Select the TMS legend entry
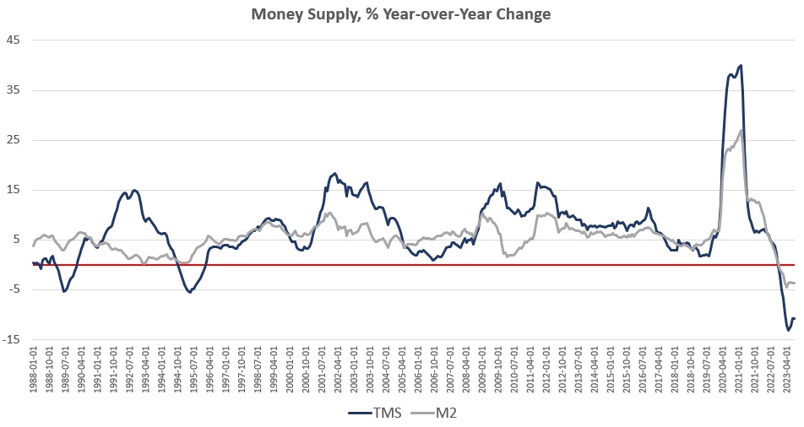[x=380, y=412]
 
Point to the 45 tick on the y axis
[x=14, y=40]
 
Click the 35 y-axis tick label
[x=14, y=89]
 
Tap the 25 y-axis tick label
[x=14, y=139]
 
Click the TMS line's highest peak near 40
[x=741, y=65]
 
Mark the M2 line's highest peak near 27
[x=741, y=130]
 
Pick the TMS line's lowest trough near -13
[x=788, y=330]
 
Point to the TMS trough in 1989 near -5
[x=63, y=291]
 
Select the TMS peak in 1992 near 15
[x=134, y=190]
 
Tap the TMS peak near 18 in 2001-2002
[x=335, y=173]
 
